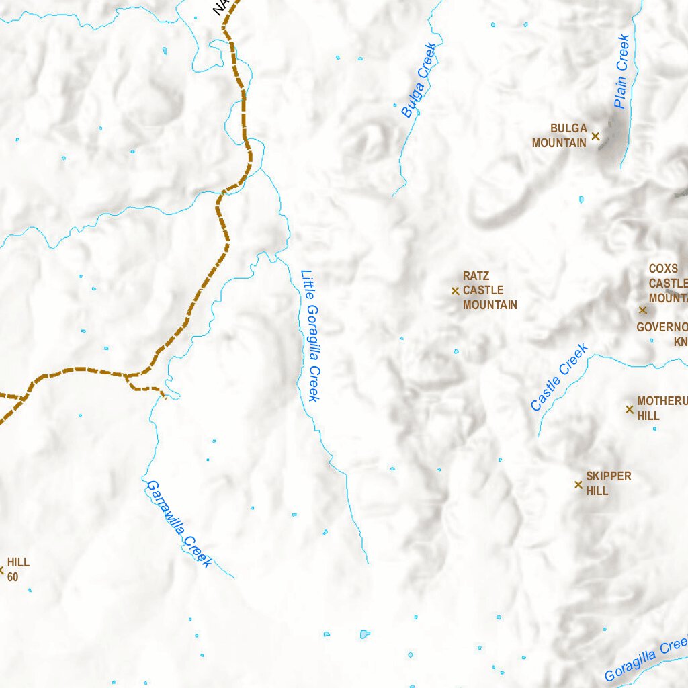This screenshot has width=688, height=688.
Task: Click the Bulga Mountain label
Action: click(559, 136)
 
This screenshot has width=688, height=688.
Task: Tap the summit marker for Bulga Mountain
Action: click(595, 136)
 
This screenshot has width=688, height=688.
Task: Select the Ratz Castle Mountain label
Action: click(490, 291)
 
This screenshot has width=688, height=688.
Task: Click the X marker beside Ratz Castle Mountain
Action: click(455, 291)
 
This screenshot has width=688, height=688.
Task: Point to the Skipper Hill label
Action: click(608, 484)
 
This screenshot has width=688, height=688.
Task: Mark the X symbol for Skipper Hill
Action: click(578, 484)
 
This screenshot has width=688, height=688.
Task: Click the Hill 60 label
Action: click(18, 569)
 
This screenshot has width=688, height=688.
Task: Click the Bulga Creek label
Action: click(418, 81)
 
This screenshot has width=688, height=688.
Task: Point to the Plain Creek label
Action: click(621, 72)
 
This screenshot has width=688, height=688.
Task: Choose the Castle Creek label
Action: click(559, 378)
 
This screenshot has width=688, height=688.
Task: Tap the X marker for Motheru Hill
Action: click(630, 409)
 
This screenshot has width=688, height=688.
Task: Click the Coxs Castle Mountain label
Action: click(667, 283)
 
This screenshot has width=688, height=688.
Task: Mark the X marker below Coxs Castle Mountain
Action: click(642, 310)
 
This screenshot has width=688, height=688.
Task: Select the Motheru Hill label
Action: click(662, 408)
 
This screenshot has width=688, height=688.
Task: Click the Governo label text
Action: click(662, 327)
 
